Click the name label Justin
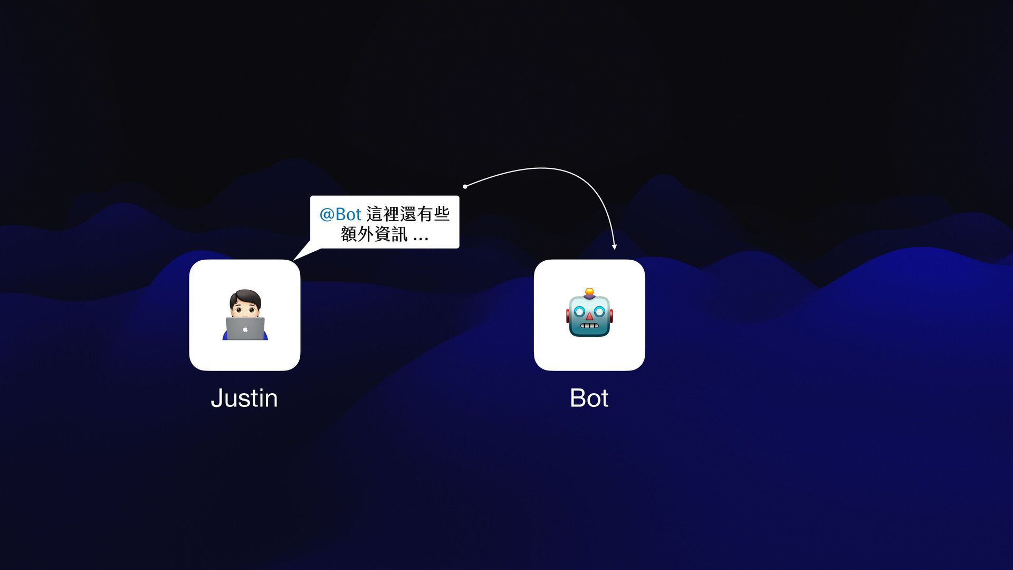[x=244, y=398]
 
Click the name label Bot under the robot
[x=589, y=398]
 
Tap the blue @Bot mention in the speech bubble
[x=340, y=214]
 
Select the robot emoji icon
[x=589, y=313]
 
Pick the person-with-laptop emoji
[x=245, y=315]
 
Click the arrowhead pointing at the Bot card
[x=614, y=246]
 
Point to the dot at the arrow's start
[x=465, y=186]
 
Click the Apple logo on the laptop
[x=245, y=329]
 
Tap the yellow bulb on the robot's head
[x=589, y=291]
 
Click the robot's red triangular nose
[x=589, y=316]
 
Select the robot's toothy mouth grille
[x=589, y=326]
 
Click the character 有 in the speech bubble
[x=425, y=214]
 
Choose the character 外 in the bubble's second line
[x=366, y=234]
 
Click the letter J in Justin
[x=216, y=398]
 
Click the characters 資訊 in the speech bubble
[x=391, y=234]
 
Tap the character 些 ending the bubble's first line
[x=442, y=214]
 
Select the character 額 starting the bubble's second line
[x=349, y=234]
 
